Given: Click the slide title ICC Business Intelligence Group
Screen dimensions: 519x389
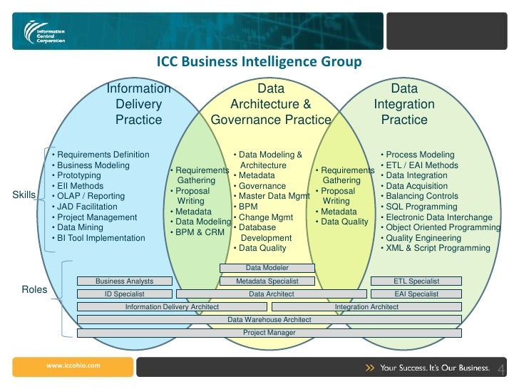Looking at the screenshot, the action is (x=259, y=62).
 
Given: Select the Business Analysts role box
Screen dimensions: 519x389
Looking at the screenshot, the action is (x=125, y=281).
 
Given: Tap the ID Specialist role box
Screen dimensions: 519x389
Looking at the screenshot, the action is (x=125, y=294).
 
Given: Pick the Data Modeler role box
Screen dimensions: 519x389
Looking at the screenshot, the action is (x=267, y=268).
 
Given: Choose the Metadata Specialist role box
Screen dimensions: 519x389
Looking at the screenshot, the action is (x=267, y=281).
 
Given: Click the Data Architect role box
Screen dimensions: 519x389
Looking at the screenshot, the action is (x=271, y=294).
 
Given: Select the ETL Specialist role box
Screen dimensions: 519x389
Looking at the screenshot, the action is (x=416, y=281).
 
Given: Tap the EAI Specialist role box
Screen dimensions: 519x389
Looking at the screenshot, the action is (x=416, y=294).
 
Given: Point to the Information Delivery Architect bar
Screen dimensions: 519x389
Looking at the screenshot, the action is (x=172, y=306).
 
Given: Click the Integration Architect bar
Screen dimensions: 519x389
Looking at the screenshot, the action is (x=366, y=306).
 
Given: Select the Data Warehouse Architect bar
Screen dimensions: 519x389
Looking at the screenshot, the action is (x=269, y=320).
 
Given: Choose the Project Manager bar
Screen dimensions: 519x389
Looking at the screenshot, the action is (x=269, y=333).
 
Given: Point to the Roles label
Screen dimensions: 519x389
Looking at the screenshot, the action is (x=34, y=290).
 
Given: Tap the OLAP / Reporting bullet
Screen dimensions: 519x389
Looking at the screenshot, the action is (x=91, y=196).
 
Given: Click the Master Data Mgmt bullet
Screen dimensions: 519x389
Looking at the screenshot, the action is (x=274, y=196).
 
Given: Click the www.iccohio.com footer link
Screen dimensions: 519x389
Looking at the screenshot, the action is (x=73, y=365).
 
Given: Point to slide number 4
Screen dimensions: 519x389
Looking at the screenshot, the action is (x=500, y=369).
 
